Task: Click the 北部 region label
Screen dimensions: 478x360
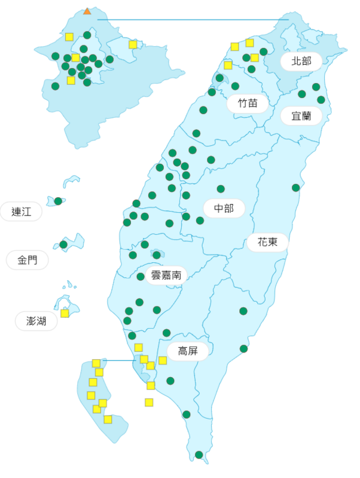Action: [301, 61]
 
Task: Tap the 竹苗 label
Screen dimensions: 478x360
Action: [248, 103]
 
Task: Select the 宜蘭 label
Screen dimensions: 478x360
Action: [301, 115]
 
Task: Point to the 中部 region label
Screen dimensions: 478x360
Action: [224, 209]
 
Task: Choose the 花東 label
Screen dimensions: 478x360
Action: [267, 242]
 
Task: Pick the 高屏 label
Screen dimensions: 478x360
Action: [188, 351]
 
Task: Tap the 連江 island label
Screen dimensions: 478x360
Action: [22, 212]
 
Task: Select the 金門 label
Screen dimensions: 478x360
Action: [27, 260]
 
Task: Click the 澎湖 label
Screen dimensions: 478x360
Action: [36, 321]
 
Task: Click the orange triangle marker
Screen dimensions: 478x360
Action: [87, 11]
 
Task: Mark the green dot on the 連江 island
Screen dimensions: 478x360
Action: [58, 201]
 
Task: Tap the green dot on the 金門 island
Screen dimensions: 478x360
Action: [63, 244]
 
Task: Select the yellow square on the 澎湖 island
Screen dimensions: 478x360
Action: [65, 313]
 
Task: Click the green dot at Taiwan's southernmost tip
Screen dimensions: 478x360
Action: [199, 455]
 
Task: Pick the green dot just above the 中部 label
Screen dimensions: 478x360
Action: [221, 189]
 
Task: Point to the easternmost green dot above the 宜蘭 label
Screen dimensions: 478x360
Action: [321, 100]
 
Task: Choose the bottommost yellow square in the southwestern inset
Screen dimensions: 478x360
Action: [108, 419]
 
